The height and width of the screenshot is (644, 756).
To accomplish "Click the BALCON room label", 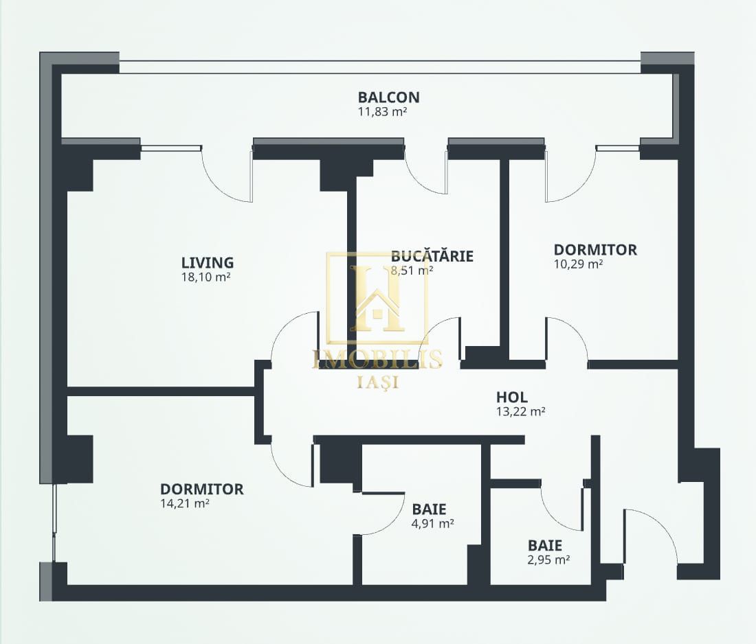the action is [x=388, y=97].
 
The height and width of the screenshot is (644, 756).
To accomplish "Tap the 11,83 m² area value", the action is [x=382, y=112].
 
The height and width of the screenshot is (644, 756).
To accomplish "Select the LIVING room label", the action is [x=208, y=263].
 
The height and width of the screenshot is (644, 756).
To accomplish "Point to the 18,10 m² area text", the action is [x=204, y=277].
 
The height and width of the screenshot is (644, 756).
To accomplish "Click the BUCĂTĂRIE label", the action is [x=432, y=256].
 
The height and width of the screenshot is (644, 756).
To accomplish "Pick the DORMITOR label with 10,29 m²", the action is [x=595, y=250].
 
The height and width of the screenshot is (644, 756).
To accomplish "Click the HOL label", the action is [x=511, y=398].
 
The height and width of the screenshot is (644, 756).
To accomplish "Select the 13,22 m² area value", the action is [x=521, y=412].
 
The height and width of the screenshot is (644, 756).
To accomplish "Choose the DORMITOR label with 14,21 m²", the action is [x=201, y=490].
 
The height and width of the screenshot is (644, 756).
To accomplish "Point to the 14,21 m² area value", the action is [x=185, y=504].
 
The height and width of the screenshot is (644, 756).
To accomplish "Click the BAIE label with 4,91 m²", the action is [x=429, y=509].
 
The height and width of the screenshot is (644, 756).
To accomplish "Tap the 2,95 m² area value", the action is [x=549, y=560].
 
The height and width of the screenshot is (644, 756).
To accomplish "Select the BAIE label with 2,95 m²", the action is [x=545, y=545].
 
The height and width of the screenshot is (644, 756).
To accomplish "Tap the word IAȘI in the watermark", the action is [x=377, y=382].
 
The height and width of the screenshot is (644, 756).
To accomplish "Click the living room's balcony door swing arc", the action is [x=222, y=185].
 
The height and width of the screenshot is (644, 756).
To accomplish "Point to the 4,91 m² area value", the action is [x=433, y=524].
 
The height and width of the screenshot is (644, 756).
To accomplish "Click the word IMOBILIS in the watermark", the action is [x=377, y=358].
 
